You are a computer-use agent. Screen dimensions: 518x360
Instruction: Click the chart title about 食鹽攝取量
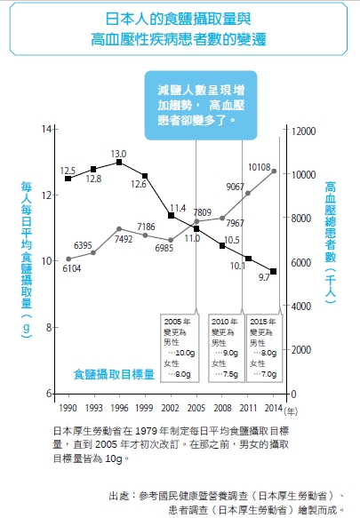(x=179, y=29)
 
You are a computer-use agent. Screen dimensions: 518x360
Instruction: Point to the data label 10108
(x=259, y=166)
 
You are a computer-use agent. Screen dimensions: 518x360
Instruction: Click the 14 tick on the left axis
(x=46, y=131)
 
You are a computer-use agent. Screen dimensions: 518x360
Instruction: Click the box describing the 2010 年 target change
(x=224, y=347)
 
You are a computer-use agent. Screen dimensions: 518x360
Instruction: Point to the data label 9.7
(x=263, y=278)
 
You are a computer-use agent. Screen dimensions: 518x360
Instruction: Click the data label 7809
(x=202, y=212)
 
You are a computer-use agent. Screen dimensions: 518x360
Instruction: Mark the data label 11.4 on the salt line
(x=177, y=207)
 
